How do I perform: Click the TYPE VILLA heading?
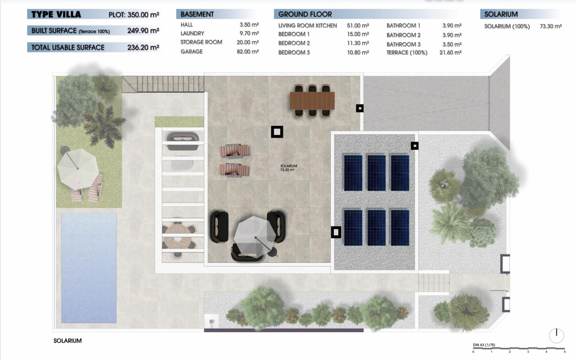tap(56, 14)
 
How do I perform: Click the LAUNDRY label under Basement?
tap(192, 33)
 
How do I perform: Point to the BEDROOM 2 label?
tap(294, 43)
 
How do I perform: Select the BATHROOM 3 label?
tap(403, 44)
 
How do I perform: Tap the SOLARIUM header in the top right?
tap(501, 14)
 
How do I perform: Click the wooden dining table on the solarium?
tap(312, 101)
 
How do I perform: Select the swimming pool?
tap(89, 268)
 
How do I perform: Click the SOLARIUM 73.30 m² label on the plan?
tap(288, 168)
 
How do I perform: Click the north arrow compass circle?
tap(556, 335)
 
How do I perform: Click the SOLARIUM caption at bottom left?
tap(67, 341)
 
